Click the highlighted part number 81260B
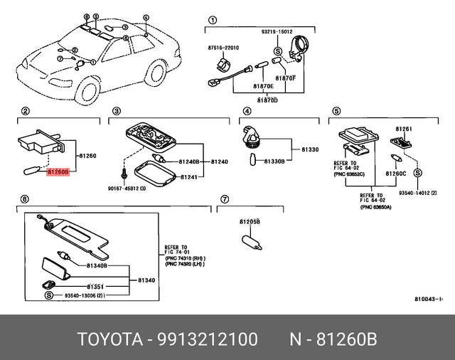pyautogui.click(x=58, y=171)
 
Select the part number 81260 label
pyautogui.click(x=86, y=155)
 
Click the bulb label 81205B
pyautogui.click(x=249, y=221)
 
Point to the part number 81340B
pyautogui.click(x=97, y=265)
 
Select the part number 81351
pyautogui.click(x=97, y=285)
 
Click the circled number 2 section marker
pyautogui.click(x=26, y=111)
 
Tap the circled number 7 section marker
pyautogui.click(x=224, y=199)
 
